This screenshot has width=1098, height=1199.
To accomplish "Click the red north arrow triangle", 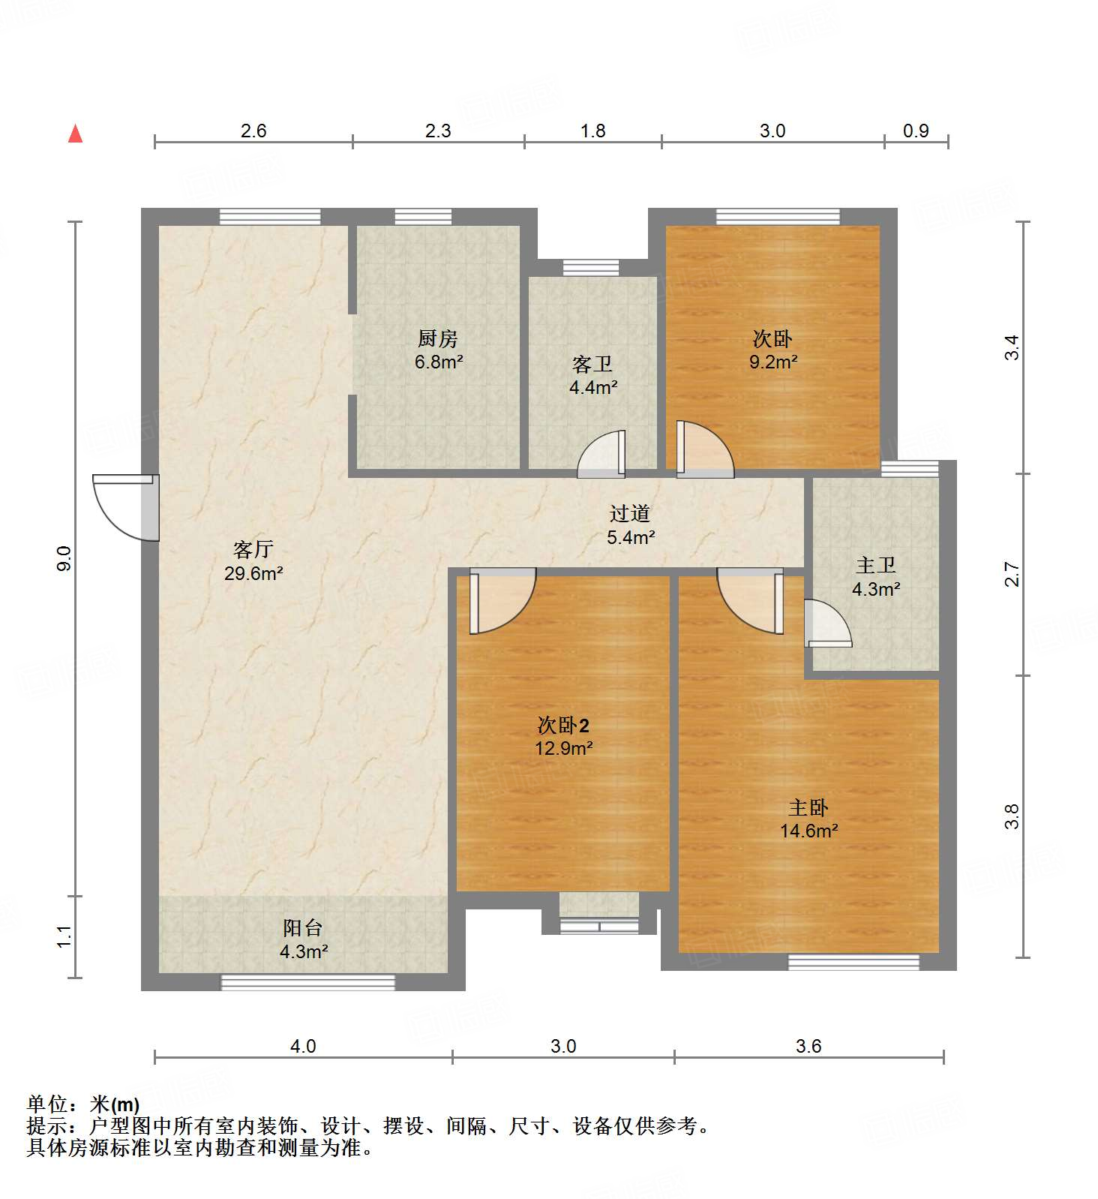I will (75, 134).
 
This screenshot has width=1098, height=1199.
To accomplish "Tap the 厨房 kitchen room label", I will (438, 338).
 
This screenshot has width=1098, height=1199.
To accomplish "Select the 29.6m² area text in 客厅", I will (253, 574).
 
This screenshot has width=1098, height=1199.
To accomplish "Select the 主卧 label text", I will (808, 808).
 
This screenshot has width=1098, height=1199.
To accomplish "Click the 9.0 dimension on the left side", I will (64, 559).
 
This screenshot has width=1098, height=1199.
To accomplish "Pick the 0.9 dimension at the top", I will (916, 131).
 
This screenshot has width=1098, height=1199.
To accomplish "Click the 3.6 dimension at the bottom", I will (808, 1046).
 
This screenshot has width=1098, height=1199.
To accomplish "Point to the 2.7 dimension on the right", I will (1012, 574).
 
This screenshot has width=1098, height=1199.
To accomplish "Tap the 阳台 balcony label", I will (303, 928).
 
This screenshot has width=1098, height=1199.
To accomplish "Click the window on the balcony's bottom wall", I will (307, 981).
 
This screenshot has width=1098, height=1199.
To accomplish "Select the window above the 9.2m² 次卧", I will (778, 217).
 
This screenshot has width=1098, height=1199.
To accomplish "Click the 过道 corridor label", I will (629, 513).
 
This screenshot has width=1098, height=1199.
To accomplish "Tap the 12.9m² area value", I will (564, 748).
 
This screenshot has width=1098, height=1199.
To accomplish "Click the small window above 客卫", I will (591, 267).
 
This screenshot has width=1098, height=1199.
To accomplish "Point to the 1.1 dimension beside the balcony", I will (64, 936).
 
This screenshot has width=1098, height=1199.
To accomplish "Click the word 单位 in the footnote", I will (46, 1104).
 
